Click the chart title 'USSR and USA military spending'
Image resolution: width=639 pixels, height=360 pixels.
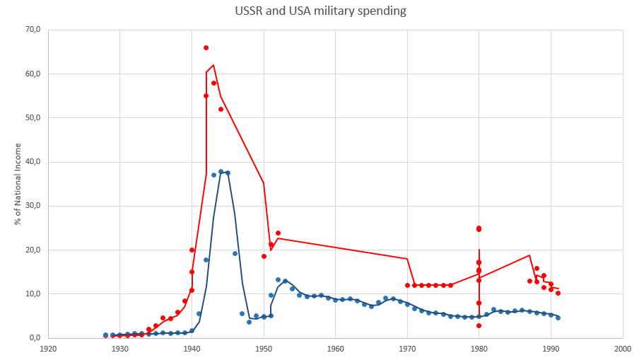coord(320,11)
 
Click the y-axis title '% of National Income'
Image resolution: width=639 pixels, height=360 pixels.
coord(18,184)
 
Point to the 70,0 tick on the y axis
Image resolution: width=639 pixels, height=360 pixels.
coord(33,30)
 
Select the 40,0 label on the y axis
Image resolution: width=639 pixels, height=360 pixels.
coord(33,162)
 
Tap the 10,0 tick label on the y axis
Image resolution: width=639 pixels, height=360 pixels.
coord(33,294)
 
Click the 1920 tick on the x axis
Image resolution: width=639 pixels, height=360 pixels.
coord(48,349)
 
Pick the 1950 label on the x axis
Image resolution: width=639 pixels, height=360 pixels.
coord(264,349)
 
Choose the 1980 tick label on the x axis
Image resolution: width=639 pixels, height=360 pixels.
coord(479,349)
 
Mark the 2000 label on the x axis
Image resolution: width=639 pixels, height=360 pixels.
coord(623,349)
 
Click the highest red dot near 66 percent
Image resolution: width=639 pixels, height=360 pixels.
coord(206,47)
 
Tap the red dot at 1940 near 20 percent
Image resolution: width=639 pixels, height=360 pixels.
coord(192,250)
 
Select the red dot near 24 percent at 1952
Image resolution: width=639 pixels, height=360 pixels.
coord(278,233)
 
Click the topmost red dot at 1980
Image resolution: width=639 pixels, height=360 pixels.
coord(479,228)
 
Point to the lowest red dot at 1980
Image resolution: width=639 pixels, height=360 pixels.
coord(479,325)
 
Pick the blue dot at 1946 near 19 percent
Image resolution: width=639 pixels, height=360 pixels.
coord(235,253)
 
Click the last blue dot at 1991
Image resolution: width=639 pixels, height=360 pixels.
coord(558,318)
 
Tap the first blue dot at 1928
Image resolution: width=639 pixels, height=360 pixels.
coord(105,335)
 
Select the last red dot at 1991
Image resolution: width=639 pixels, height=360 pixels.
coord(558,293)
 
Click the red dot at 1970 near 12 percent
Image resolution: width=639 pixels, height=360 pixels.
coord(407,285)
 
